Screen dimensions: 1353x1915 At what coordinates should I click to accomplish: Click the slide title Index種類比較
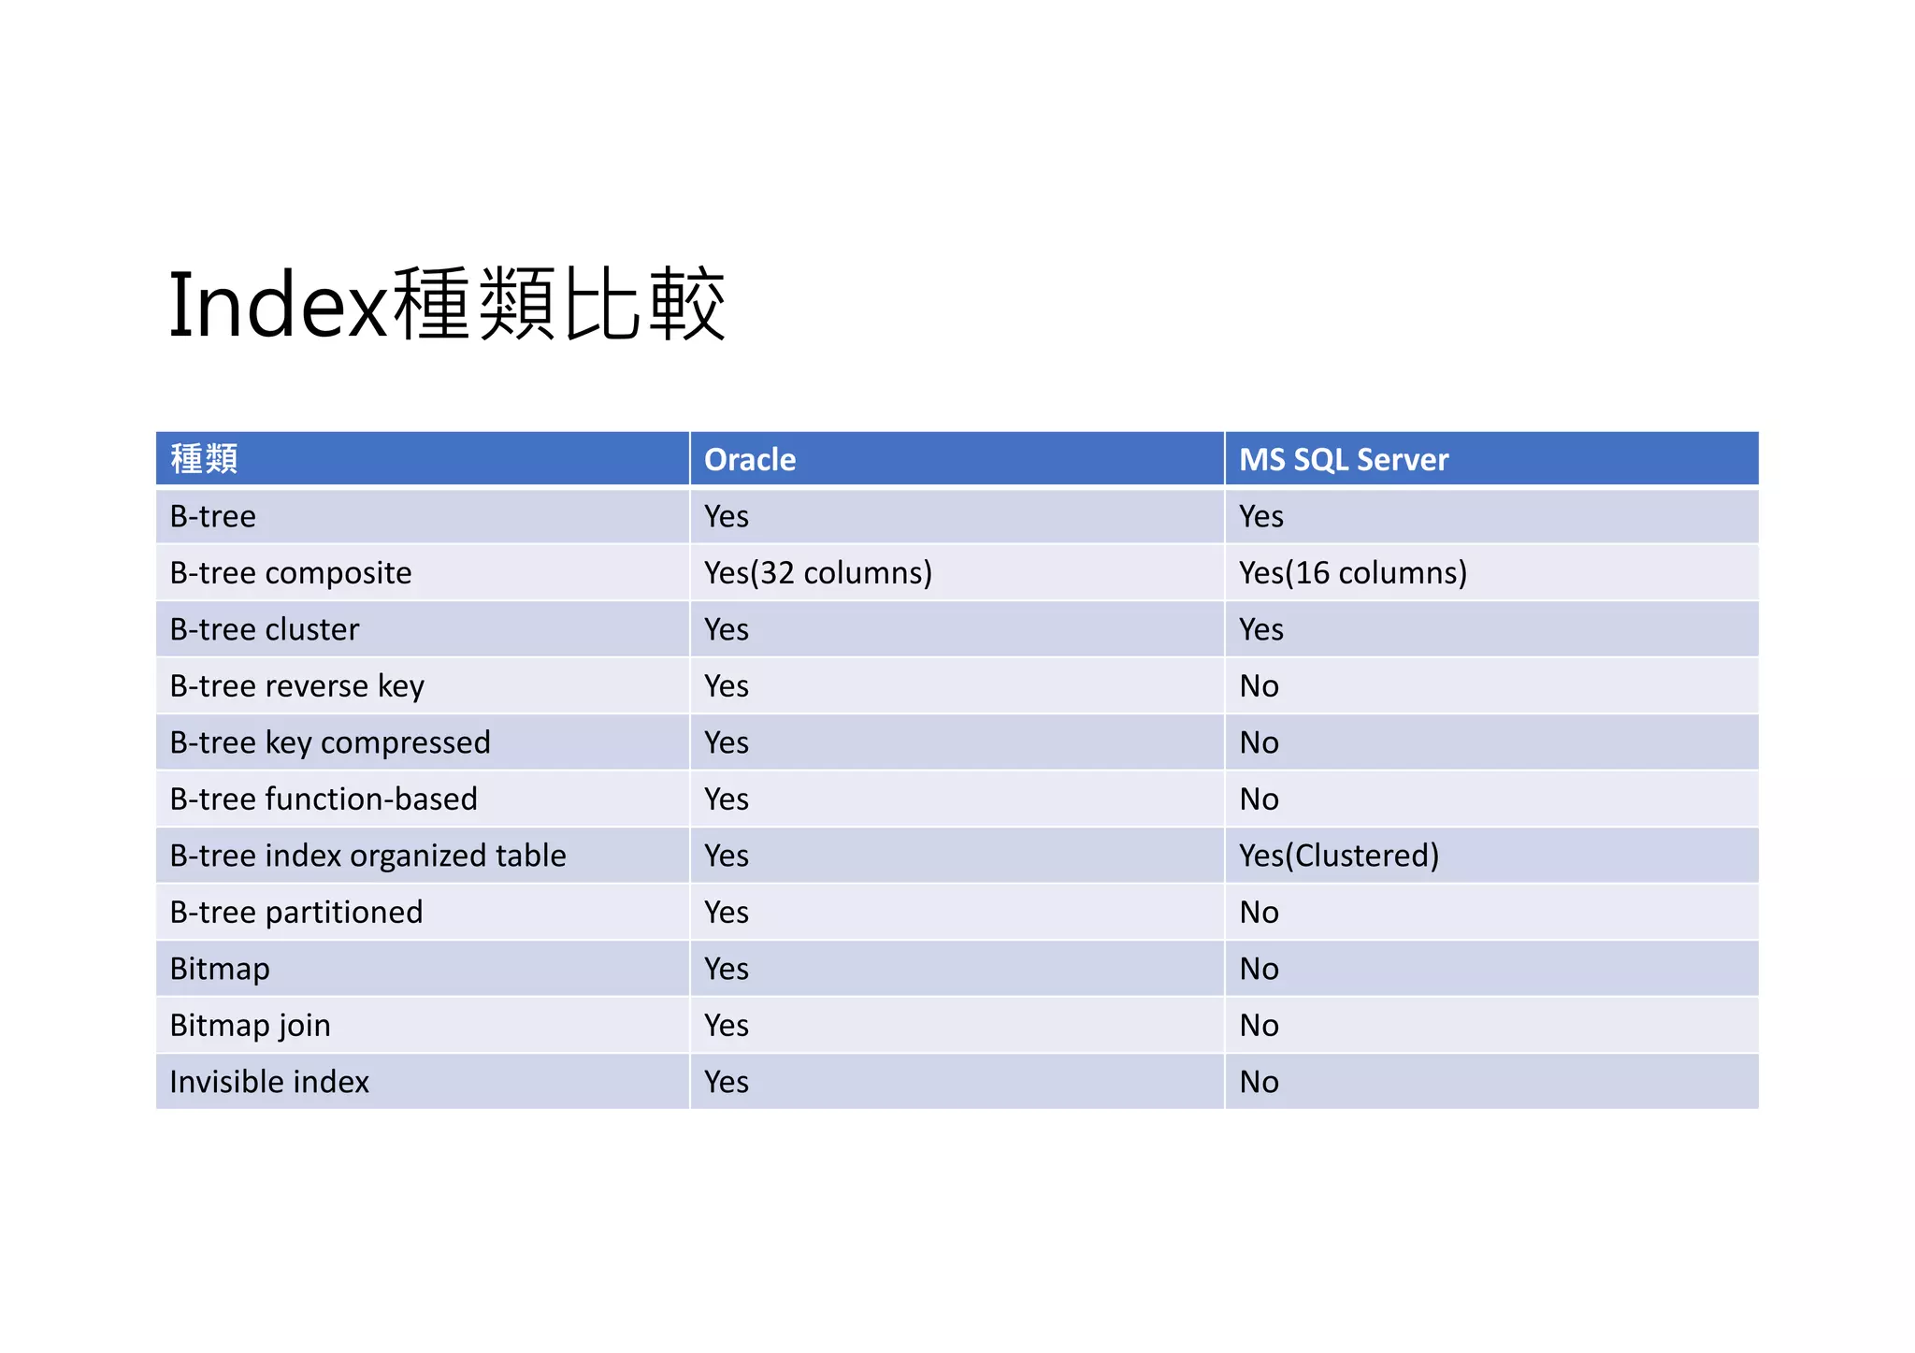(x=447, y=304)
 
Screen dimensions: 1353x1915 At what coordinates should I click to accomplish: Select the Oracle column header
(x=749, y=460)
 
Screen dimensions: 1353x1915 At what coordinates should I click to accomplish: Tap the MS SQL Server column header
(x=1343, y=460)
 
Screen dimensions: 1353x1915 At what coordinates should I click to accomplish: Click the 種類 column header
(x=204, y=459)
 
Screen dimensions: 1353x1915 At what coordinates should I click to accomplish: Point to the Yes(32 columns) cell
(x=817, y=573)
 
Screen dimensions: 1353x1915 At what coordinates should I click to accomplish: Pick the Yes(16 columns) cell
(x=1352, y=573)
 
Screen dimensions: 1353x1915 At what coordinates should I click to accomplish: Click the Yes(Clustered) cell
(x=1338, y=856)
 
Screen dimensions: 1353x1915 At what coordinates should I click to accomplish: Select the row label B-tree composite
(x=291, y=573)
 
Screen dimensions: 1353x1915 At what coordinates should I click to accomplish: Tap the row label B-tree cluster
(x=265, y=629)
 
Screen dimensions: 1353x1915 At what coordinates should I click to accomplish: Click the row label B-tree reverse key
(x=297, y=686)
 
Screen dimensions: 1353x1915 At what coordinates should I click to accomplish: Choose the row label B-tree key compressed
(x=330, y=742)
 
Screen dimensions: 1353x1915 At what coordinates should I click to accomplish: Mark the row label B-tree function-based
(x=324, y=799)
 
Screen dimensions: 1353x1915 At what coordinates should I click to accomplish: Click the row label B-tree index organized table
(x=367, y=856)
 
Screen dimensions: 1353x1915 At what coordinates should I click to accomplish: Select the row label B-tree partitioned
(x=296, y=913)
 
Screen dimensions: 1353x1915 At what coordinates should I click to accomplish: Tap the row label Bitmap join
(x=251, y=1026)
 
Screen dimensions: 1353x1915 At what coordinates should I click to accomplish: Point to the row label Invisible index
(x=269, y=1082)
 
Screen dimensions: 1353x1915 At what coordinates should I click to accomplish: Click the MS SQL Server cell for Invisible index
(x=1259, y=1082)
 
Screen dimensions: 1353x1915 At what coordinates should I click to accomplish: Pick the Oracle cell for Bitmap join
(x=727, y=1026)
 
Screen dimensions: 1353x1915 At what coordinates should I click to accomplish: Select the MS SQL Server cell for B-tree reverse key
(x=1259, y=686)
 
